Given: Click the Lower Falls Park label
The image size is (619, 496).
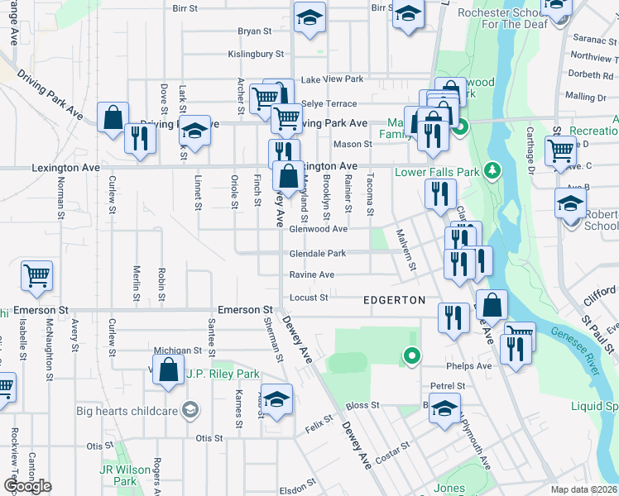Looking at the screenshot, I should [437, 172].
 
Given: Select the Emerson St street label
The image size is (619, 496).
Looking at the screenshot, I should [245, 309].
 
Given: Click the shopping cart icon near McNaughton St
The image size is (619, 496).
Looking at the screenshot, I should [37, 275].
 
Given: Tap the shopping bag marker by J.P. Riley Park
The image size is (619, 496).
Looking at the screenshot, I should [168, 369].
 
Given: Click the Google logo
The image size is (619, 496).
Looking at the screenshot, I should [27, 486].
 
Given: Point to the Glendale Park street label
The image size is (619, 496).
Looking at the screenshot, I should [317, 254].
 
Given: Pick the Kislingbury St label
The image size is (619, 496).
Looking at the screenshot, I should [257, 54].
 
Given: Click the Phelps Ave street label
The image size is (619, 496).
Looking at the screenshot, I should [473, 366].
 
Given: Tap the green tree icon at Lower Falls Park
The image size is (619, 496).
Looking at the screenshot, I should [493, 170].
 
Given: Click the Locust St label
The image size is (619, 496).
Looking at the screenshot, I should [309, 298].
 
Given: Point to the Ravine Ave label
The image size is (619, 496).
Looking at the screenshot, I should [311, 274].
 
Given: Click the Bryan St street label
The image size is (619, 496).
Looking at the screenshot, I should [255, 31].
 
